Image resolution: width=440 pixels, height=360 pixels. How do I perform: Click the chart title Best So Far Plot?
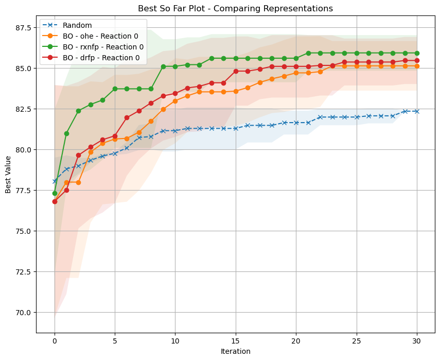[x=236, y=8]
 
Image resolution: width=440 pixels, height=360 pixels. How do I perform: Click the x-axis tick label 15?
[x=236, y=341]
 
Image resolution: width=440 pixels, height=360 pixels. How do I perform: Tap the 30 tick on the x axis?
[x=417, y=341]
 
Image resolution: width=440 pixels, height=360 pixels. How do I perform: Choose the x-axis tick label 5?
[x=115, y=341]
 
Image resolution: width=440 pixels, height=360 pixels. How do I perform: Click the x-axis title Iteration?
[x=236, y=351]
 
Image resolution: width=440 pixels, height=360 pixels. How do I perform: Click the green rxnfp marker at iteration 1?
[x=66, y=133]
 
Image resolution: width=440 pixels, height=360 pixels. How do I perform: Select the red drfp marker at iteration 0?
[x=55, y=201]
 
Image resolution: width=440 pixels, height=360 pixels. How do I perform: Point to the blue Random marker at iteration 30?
[x=417, y=111]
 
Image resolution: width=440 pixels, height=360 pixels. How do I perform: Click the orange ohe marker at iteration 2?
[x=78, y=182]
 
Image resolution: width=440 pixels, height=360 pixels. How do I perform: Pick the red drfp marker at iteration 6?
[x=127, y=117]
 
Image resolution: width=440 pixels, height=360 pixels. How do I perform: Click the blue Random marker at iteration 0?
[x=55, y=181]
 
